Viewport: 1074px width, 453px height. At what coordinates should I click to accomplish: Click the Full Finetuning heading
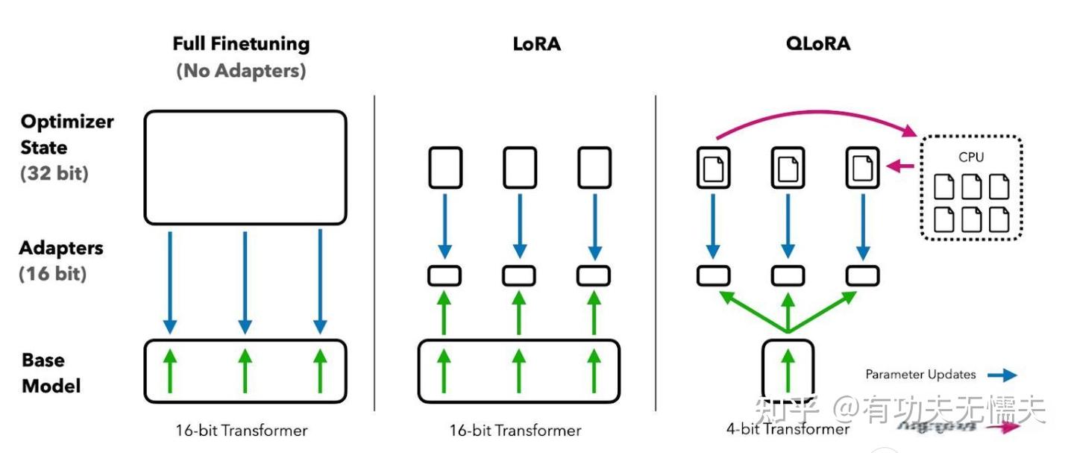click(241, 44)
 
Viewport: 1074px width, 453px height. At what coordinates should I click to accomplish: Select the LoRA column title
click(536, 44)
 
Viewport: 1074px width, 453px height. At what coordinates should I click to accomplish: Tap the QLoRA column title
click(817, 44)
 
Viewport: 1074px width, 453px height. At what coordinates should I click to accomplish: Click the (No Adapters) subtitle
click(241, 72)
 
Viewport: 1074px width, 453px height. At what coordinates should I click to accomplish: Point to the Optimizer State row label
click(67, 134)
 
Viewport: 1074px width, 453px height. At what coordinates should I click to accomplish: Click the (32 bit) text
click(54, 173)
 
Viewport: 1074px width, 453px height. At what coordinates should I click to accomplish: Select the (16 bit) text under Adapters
click(53, 274)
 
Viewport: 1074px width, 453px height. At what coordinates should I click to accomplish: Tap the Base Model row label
click(51, 372)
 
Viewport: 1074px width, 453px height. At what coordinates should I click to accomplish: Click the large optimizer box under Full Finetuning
click(245, 167)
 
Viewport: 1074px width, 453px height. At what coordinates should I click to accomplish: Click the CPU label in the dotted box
click(971, 157)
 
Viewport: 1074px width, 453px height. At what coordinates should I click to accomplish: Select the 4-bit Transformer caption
click(788, 429)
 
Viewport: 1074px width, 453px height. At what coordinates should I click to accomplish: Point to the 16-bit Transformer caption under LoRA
click(515, 431)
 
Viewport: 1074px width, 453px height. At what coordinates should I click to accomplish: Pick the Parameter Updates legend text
click(920, 375)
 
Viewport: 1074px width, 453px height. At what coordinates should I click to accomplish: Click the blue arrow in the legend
click(1001, 375)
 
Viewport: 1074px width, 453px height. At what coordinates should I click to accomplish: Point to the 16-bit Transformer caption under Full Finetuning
click(241, 431)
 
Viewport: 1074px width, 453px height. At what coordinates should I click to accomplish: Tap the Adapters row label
click(61, 248)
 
